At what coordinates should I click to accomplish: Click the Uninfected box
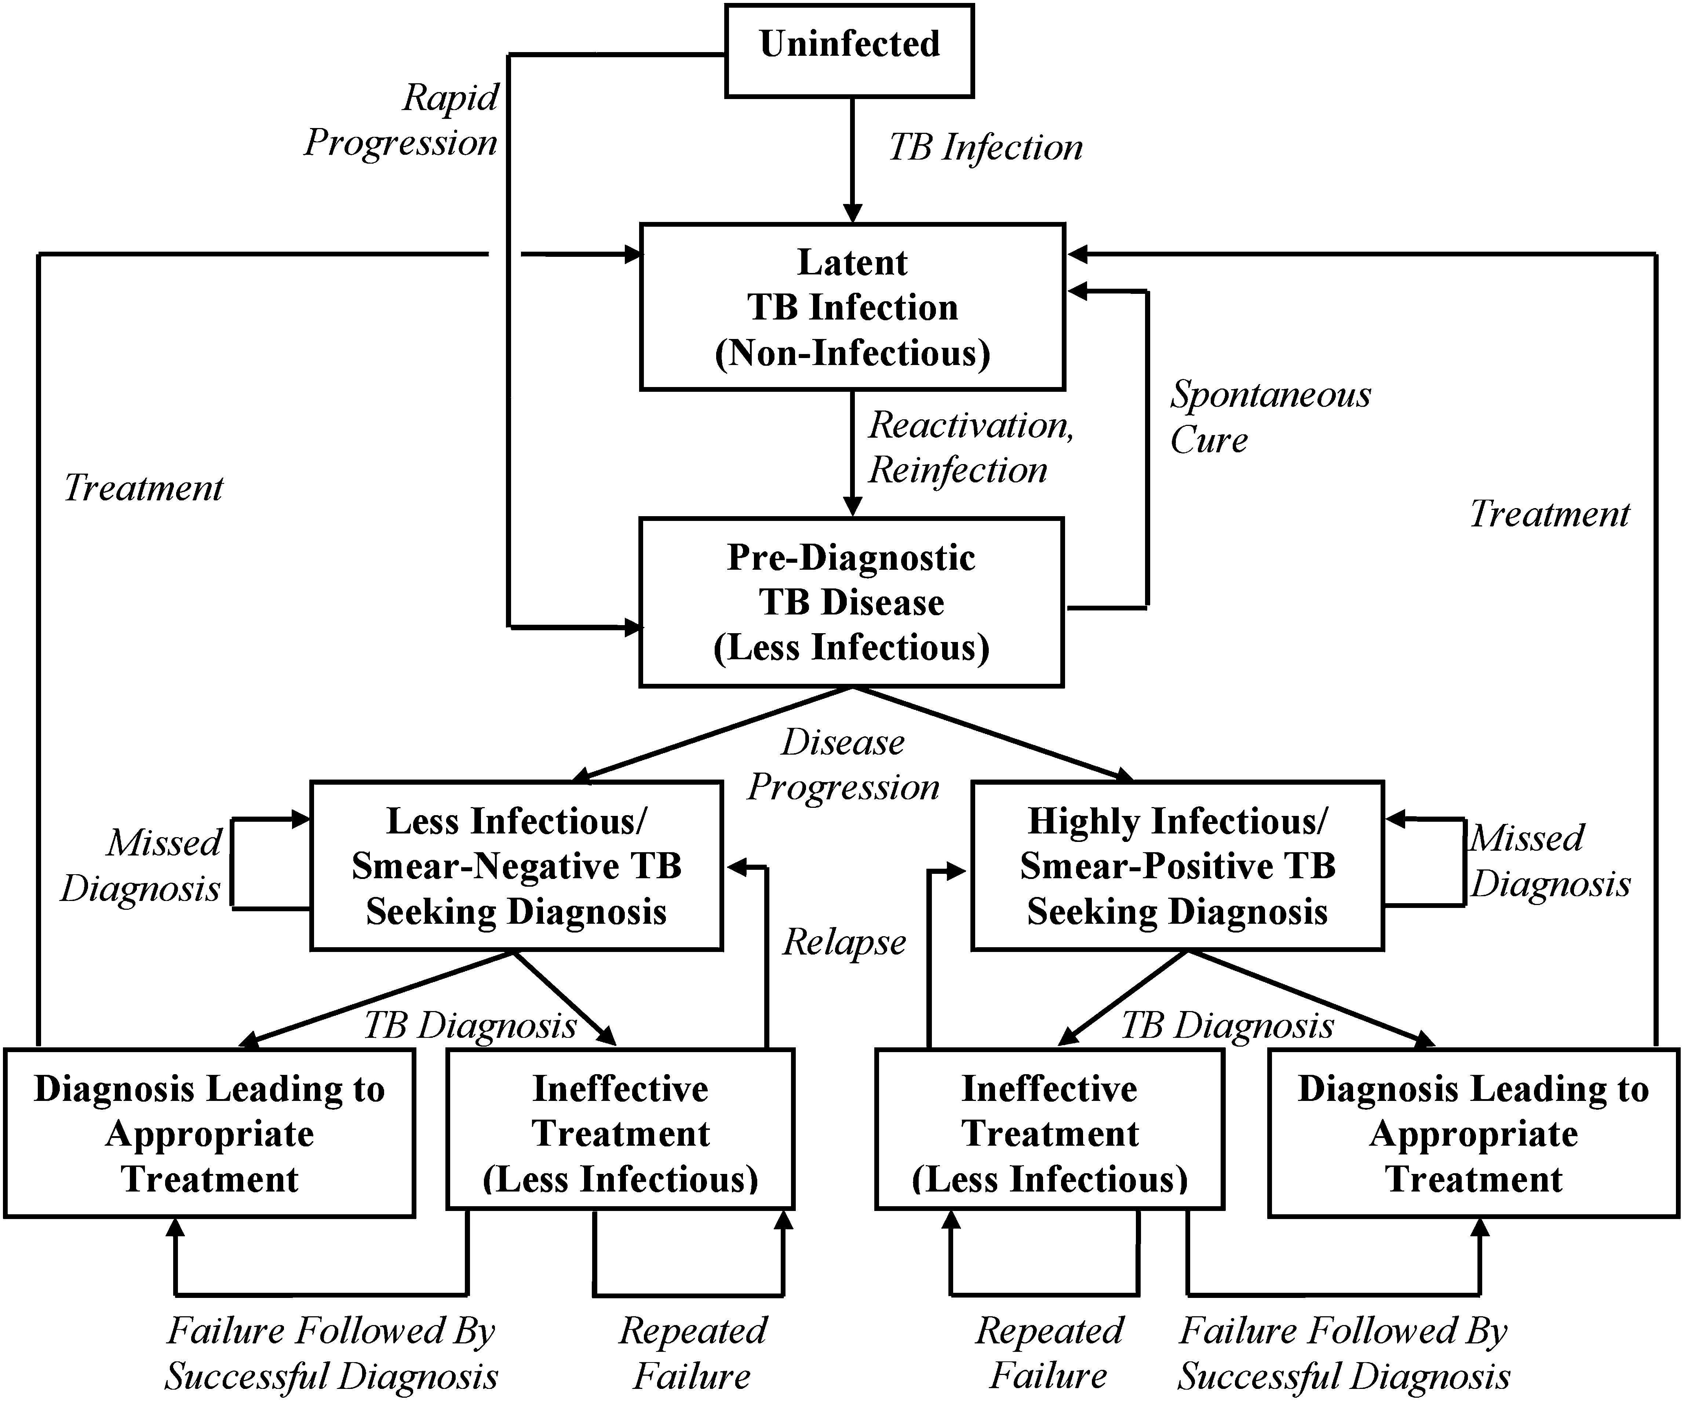pyautogui.click(x=849, y=51)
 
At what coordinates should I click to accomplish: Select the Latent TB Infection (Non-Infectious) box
pyautogui.click(x=852, y=307)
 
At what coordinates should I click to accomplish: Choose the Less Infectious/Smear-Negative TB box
pyautogui.click(x=517, y=866)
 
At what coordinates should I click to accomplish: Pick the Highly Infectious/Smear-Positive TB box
pyautogui.click(x=1177, y=866)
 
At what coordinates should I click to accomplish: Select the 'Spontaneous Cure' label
pyautogui.click(x=1269, y=417)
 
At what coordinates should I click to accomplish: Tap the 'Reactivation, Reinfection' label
pyautogui.click(x=970, y=448)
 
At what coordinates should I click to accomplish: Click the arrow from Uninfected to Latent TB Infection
pyautogui.click(x=852, y=160)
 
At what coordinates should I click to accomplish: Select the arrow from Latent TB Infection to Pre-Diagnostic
pyautogui.click(x=852, y=453)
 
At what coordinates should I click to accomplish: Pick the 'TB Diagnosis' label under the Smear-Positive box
pyautogui.click(x=1227, y=1026)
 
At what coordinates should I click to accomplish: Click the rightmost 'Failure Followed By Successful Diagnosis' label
pyautogui.click(x=1343, y=1354)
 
